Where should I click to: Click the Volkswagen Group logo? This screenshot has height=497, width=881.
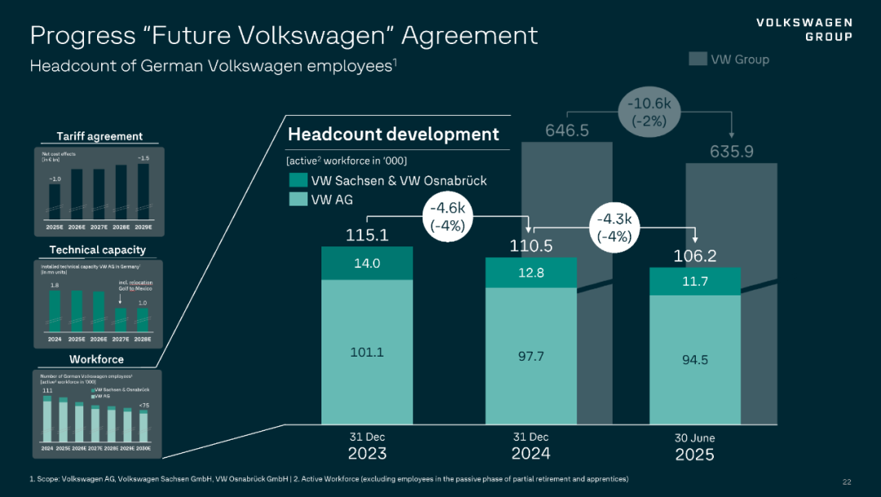[x=804, y=29]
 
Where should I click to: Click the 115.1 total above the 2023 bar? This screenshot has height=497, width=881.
[x=367, y=236]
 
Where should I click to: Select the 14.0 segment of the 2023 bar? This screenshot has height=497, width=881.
[x=367, y=264]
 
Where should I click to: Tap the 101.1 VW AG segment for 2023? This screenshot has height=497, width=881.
[x=367, y=353]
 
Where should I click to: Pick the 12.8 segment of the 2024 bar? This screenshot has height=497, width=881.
[x=531, y=273]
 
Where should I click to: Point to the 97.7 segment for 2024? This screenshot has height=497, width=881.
[x=531, y=357]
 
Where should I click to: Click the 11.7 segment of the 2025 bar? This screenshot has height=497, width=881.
[x=695, y=281]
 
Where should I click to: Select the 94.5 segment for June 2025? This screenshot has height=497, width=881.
[x=695, y=360]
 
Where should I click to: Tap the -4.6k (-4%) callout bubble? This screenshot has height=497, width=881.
[x=448, y=218]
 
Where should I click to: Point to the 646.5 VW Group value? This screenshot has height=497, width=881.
[x=566, y=131]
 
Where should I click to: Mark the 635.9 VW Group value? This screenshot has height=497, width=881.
[x=731, y=152]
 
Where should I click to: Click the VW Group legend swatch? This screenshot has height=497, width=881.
[x=697, y=59]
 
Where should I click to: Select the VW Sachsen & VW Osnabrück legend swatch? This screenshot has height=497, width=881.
[x=298, y=180]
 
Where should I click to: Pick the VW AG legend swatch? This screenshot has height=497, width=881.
[x=298, y=198]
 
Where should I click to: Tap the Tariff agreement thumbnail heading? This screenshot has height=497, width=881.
[x=100, y=136]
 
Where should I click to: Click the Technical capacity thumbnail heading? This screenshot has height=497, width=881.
[x=97, y=250]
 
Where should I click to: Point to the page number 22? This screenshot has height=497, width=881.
[x=846, y=481]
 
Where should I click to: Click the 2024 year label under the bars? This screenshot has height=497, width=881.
[x=530, y=454]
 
